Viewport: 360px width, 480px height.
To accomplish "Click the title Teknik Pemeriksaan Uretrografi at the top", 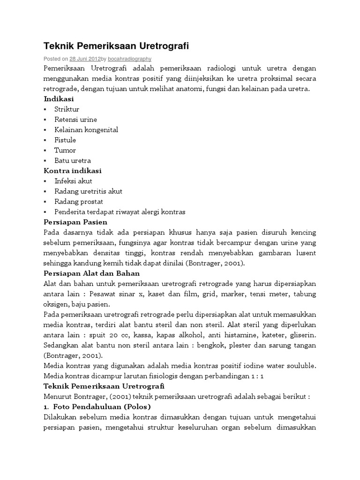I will click(x=116, y=46).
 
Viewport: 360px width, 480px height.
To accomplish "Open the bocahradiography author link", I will click(x=129, y=59).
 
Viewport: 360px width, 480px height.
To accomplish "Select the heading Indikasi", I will click(x=59, y=99).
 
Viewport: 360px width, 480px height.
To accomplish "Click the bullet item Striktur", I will click(x=67, y=109).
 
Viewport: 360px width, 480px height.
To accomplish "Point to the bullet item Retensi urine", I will click(x=75, y=120).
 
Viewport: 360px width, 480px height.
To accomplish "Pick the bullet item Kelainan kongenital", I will click(x=86, y=130).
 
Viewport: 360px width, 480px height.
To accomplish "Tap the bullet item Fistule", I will click(x=65, y=140).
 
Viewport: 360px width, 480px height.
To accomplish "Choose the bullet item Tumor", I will click(x=65, y=150).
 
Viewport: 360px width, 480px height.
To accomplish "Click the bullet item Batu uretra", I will click(x=73, y=161).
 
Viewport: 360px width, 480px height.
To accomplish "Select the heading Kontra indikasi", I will click(x=73, y=171).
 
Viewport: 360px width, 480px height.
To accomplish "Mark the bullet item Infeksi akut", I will click(x=73, y=181).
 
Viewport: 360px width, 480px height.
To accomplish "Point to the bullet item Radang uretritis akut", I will click(x=88, y=191).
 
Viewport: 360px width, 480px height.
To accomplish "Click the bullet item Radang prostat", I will click(x=79, y=202).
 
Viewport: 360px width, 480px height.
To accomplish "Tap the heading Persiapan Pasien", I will click(x=75, y=222).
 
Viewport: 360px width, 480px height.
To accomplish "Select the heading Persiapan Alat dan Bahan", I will click(x=92, y=273).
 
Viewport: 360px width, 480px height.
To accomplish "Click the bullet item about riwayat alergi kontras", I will click(x=120, y=212).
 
